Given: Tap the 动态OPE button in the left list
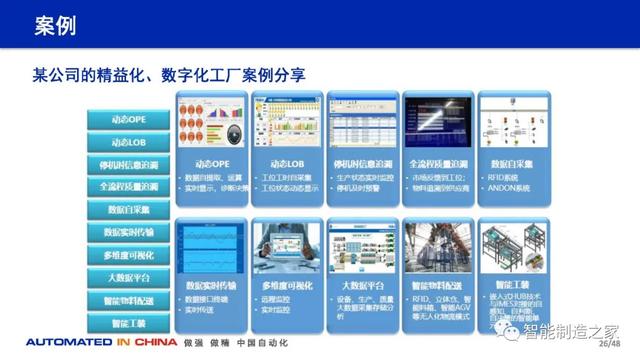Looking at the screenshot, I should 135,120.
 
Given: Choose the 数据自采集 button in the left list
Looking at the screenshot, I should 135,209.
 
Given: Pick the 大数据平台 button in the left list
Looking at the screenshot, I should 135,278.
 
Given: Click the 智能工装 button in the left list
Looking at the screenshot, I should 135,323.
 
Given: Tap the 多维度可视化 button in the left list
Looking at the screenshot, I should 135,255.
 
